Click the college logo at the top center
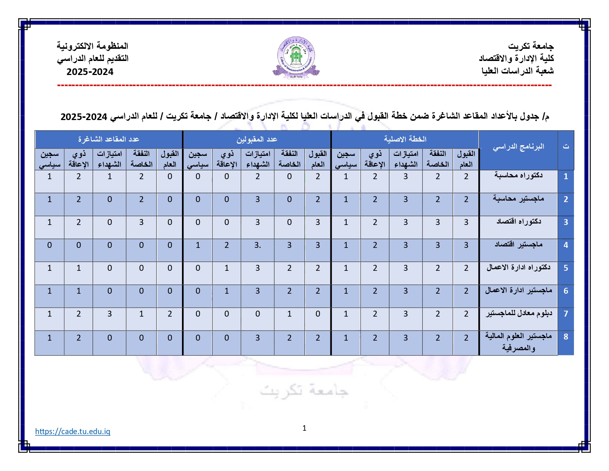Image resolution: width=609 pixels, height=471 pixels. (x=296, y=57)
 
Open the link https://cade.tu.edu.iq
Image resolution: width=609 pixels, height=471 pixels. (x=73, y=431)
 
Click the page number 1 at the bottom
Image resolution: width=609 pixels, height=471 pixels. (x=304, y=428)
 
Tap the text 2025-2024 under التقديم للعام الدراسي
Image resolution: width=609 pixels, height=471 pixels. (x=90, y=72)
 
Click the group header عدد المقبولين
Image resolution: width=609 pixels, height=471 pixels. (x=257, y=139)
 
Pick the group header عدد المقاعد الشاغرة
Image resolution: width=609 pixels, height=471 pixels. (x=109, y=139)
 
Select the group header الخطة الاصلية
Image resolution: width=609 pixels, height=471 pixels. (x=405, y=139)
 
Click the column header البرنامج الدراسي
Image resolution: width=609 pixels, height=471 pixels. (x=518, y=147)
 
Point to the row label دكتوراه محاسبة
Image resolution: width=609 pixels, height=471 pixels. (x=518, y=175)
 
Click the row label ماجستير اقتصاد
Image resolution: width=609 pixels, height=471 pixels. (x=518, y=245)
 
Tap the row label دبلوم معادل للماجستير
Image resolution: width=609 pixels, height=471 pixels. (x=518, y=314)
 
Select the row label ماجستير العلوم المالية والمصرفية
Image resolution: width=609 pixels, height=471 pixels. (x=518, y=342)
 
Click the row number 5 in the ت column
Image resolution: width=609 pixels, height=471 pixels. (x=565, y=268)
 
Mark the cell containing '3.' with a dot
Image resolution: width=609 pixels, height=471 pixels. (x=258, y=245)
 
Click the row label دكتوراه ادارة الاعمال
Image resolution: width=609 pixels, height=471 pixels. (x=518, y=267)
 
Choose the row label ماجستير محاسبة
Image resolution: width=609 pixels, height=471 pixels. (x=518, y=199)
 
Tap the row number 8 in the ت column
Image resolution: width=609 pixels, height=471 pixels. (x=565, y=337)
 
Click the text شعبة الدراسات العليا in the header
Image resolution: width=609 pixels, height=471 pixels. (x=517, y=71)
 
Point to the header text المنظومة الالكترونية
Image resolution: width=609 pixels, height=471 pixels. (x=92, y=46)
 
